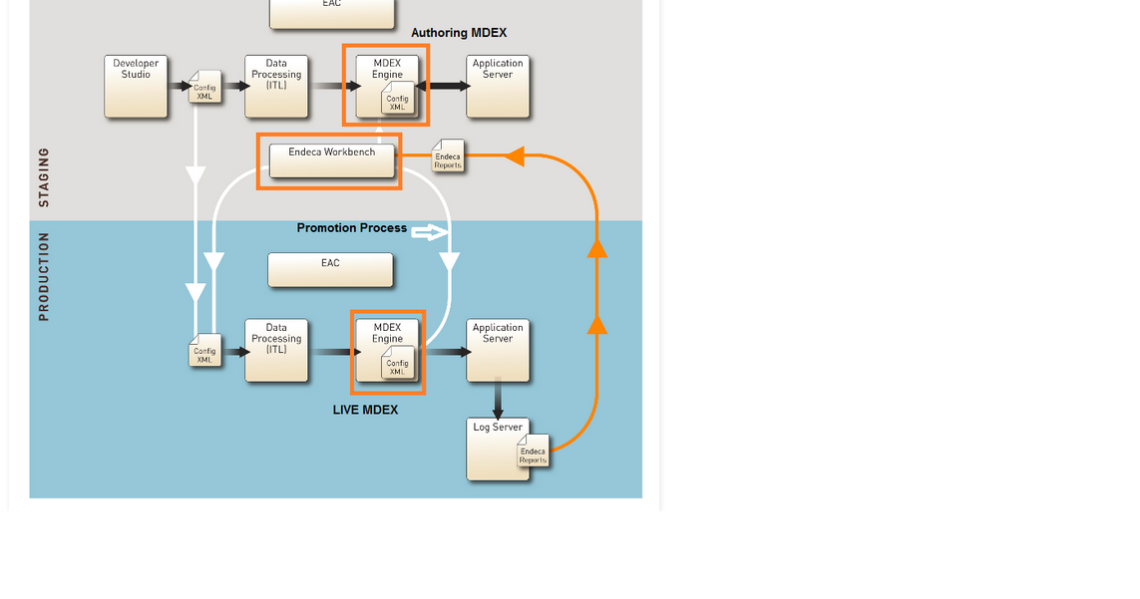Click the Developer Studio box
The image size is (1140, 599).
coord(136,87)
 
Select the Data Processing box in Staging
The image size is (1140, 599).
coord(276,87)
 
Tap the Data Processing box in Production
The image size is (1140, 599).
coord(276,350)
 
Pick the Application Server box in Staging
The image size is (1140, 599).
coord(498,87)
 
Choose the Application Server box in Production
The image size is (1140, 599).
coord(498,350)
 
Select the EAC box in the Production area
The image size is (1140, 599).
coord(330,270)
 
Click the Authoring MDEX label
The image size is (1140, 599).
coord(459,33)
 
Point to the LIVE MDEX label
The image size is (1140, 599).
coord(365,410)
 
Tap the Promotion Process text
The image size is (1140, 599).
coord(352,228)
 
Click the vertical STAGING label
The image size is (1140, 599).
coord(44,177)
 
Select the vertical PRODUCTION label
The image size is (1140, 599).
coord(44,276)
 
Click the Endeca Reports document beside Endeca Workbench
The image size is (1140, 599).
coord(448,156)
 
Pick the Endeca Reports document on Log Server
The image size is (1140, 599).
coord(534,451)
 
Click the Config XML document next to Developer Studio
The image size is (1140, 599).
coord(205,88)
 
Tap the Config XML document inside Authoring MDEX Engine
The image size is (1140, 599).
coord(398,100)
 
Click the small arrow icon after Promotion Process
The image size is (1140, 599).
coord(429,232)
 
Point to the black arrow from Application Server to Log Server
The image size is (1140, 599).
coord(498,400)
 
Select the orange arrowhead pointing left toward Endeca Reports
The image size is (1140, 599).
coord(514,155)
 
